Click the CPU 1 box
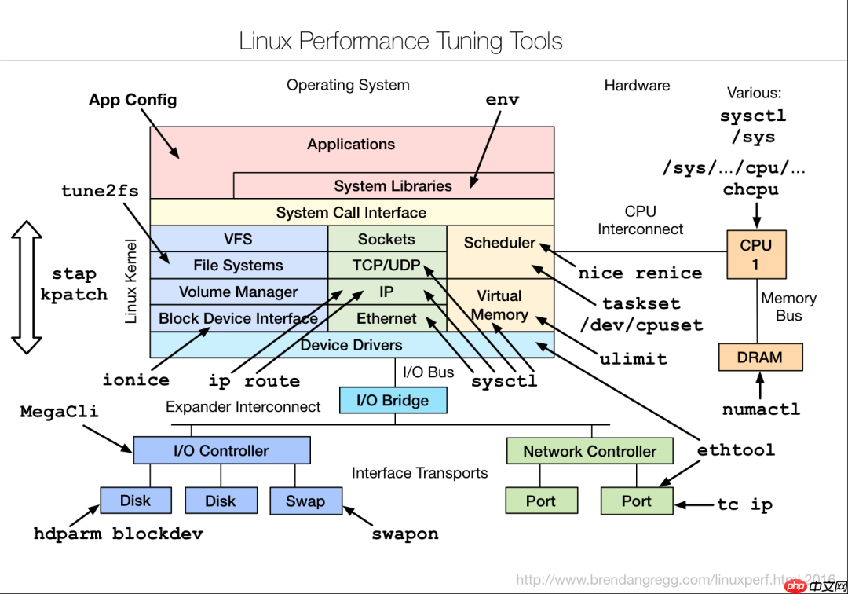756,255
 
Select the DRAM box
759,357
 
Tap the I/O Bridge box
393,400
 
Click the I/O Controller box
221,451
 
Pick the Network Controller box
589,452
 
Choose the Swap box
305,500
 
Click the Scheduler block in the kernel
500,244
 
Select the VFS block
238,239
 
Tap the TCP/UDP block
387,266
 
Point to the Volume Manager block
238,292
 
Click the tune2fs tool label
100,191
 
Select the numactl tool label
761,409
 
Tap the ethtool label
736,450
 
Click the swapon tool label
404,534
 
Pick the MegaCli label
60,412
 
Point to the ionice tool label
136,380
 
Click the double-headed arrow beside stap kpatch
26,288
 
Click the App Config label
133,100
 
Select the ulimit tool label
633,359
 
